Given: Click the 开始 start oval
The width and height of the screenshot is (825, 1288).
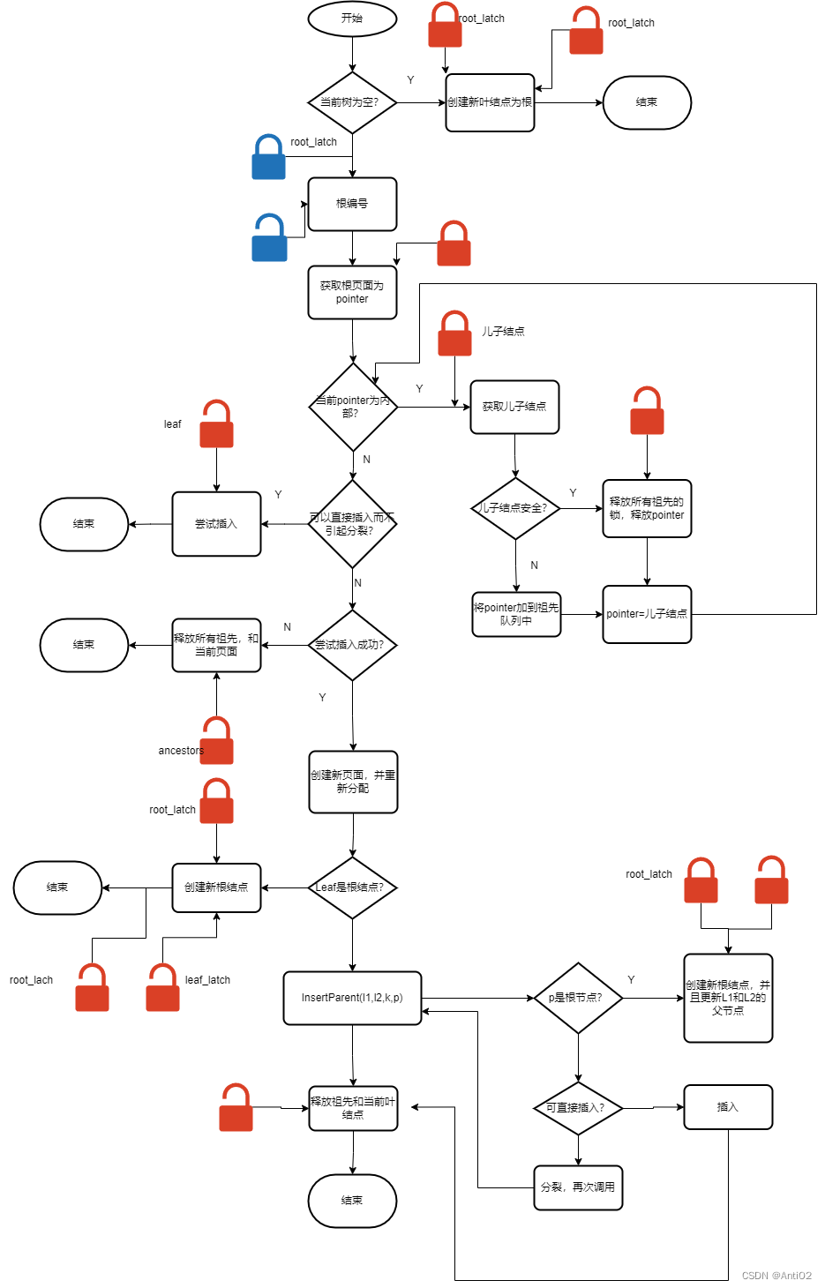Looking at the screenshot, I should (352, 19).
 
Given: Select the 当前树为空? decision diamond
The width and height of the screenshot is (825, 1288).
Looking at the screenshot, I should (352, 102).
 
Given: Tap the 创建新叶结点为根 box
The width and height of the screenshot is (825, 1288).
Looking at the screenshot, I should (490, 102).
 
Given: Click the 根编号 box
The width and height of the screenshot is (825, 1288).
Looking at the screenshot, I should (352, 204).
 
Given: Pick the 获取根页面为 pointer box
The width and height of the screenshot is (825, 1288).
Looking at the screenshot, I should (352, 292).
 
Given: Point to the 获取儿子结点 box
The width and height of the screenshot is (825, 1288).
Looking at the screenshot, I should (514, 407).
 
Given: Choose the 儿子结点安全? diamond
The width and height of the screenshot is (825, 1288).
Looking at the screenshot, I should (515, 508).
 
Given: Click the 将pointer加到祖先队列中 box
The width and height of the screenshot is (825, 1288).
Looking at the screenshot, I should (516, 614).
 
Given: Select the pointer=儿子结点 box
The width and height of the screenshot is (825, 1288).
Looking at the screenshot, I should (647, 614).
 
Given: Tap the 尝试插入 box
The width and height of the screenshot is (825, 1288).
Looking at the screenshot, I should (216, 524).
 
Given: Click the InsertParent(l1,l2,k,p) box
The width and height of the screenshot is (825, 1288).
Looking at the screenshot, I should (352, 998).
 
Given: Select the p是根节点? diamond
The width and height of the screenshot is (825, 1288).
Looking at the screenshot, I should (578, 998).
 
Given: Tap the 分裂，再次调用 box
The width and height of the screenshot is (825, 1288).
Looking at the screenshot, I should (578, 1187).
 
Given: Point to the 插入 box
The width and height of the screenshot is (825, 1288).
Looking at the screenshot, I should (728, 1107).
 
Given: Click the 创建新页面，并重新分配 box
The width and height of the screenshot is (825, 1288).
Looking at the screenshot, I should (353, 782).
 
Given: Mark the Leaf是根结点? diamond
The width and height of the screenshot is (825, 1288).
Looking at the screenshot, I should (352, 887).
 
